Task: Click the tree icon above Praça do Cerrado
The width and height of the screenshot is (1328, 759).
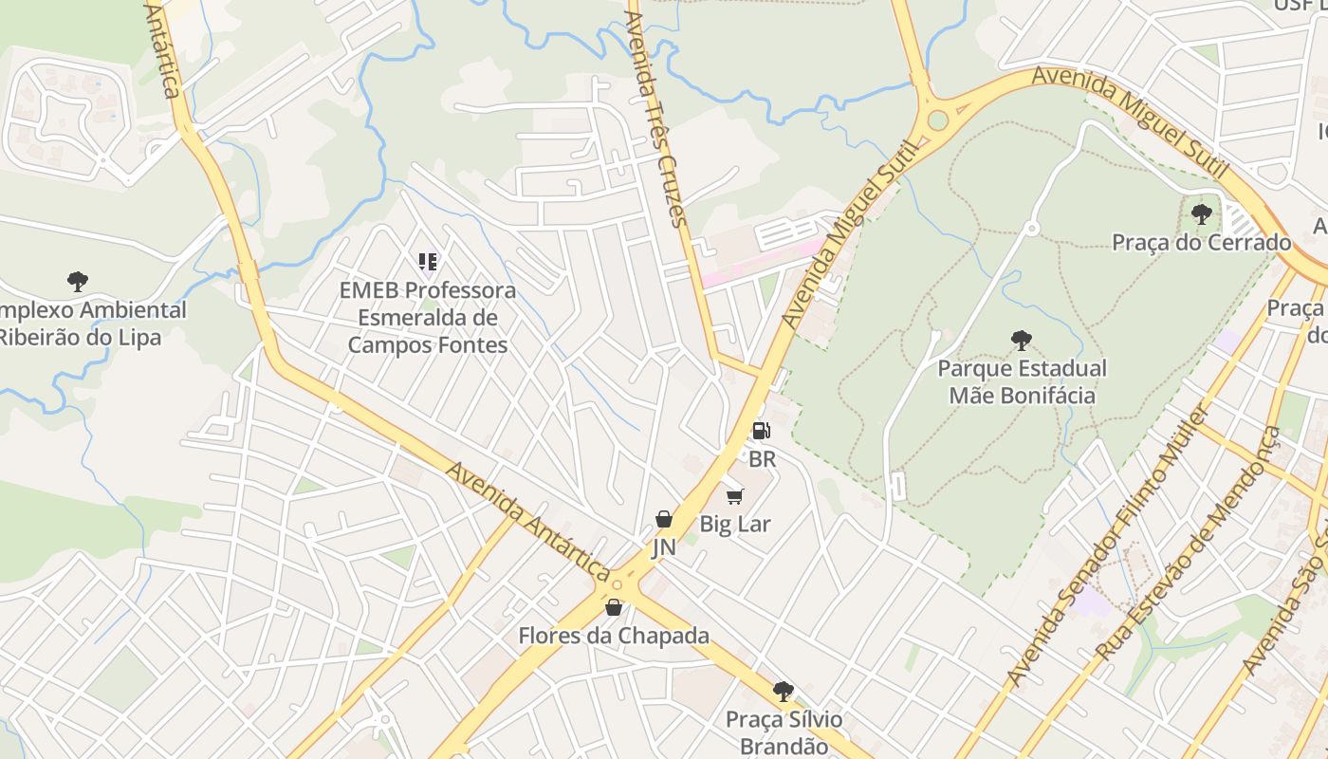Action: pyautogui.click(x=1201, y=213)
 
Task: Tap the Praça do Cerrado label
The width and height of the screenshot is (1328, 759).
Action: pyautogui.click(x=1201, y=242)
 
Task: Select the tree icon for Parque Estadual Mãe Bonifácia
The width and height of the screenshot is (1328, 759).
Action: pyautogui.click(x=1021, y=340)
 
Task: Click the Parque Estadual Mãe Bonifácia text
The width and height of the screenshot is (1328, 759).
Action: pyautogui.click(x=1022, y=381)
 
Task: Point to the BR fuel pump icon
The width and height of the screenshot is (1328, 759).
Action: pyautogui.click(x=761, y=431)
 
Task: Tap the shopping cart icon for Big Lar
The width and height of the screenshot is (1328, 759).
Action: pyautogui.click(x=735, y=496)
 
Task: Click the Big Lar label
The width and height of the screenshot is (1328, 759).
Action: pyautogui.click(x=735, y=524)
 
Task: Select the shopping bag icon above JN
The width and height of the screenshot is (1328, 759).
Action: pyautogui.click(x=664, y=519)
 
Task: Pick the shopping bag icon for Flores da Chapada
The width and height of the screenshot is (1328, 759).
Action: pyautogui.click(x=614, y=607)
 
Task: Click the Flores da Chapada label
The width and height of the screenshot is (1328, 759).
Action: pyautogui.click(x=614, y=636)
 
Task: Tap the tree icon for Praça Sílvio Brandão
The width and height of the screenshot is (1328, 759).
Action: pyautogui.click(x=783, y=691)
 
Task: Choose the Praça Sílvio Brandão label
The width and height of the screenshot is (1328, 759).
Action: pyautogui.click(x=784, y=732)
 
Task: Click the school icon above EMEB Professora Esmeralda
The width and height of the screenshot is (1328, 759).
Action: pyautogui.click(x=428, y=261)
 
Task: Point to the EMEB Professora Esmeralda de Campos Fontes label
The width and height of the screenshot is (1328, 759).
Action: pyautogui.click(x=428, y=317)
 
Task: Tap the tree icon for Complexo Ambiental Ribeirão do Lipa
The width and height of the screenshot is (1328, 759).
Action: pyautogui.click(x=78, y=281)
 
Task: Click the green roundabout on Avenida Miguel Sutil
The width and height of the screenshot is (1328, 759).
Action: pyautogui.click(x=938, y=120)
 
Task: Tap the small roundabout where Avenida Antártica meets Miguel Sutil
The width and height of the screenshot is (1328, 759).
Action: pyautogui.click(x=618, y=583)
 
